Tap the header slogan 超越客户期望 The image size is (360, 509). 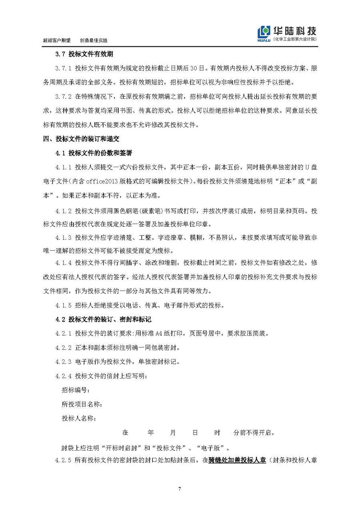[56, 41]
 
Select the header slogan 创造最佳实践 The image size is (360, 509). [94, 41]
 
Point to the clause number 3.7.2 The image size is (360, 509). [63, 96]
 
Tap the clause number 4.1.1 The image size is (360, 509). [63, 167]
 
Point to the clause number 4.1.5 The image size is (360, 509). [63, 305]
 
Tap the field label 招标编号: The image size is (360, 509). [76, 390]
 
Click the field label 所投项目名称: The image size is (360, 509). [82, 404]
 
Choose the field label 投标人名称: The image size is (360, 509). [79, 418]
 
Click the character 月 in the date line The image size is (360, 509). [173, 433]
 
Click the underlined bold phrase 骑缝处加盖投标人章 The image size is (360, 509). [237, 461]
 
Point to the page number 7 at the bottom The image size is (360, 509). [180, 489]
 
